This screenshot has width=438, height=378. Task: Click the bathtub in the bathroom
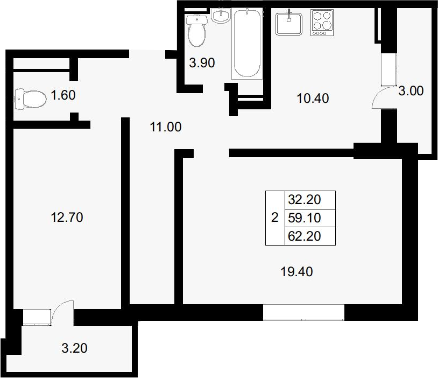point(247,44)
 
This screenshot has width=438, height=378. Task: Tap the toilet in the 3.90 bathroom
point(197,31)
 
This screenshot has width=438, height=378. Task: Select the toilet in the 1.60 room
point(31,99)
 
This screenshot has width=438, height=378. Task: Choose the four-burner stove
point(322,23)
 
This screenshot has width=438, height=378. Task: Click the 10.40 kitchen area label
point(313,99)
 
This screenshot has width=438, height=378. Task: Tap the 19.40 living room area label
point(296,271)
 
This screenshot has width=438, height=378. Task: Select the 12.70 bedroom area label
point(67,217)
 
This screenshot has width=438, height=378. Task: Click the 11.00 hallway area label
point(166,127)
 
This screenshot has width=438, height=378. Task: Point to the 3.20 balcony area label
point(74,348)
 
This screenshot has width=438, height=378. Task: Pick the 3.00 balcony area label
point(411,91)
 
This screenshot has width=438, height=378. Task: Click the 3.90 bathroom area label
point(202,62)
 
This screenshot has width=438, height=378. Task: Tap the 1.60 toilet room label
point(63,95)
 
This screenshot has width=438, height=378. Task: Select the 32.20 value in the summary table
point(305,200)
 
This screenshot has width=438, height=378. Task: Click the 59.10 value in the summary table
point(305,218)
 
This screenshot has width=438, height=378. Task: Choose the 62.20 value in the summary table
point(305,236)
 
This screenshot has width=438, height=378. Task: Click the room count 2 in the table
point(275,218)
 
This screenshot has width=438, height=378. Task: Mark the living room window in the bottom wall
point(303,312)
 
